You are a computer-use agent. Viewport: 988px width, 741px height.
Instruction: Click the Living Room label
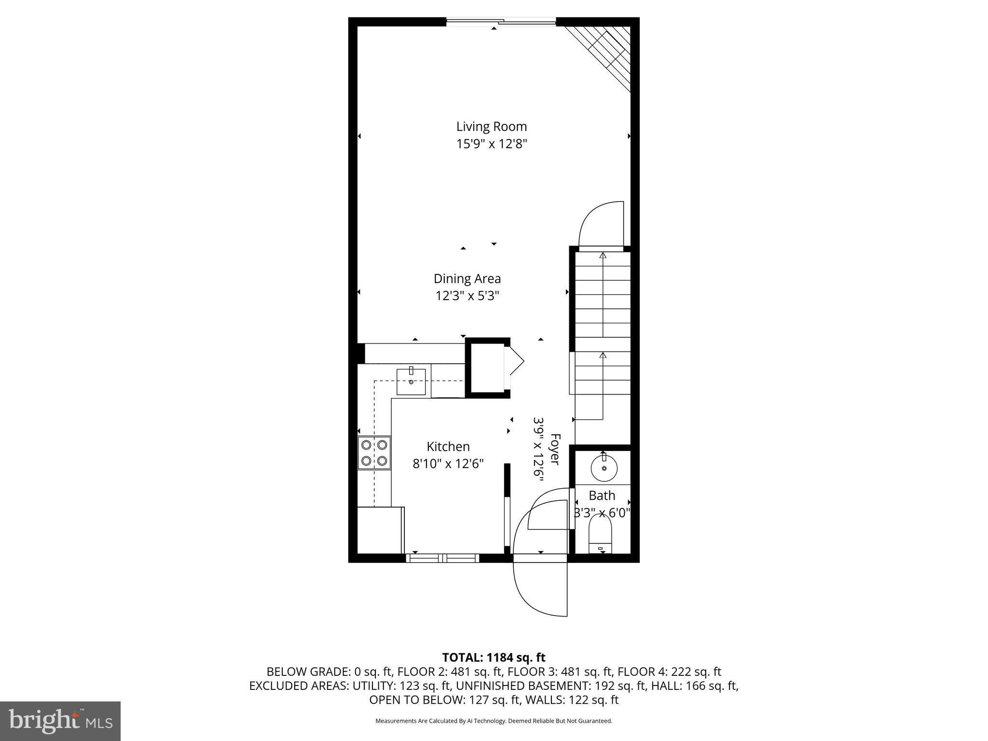tap(492, 126)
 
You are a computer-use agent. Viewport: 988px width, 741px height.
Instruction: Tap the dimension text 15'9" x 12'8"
tap(492, 144)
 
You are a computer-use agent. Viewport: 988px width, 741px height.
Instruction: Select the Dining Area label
tap(467, 278)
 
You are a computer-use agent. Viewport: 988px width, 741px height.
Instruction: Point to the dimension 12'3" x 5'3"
tap(467, 296)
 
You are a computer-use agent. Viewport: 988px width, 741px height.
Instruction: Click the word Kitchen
tap(448, 446)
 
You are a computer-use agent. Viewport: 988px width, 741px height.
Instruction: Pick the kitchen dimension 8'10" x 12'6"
tap(448, 464)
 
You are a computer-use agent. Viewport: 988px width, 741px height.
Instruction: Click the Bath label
tap(602, 495)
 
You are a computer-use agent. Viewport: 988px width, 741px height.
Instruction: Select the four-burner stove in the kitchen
tap(374, 453)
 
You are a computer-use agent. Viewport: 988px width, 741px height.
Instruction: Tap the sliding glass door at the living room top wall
tap(501, 21)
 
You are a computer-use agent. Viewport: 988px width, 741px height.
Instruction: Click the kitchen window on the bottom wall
tap(442, 558)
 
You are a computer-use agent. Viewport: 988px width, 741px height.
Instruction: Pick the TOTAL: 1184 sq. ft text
tap(494, 658)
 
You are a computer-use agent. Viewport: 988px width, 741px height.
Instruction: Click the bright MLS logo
tap(60, 721)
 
